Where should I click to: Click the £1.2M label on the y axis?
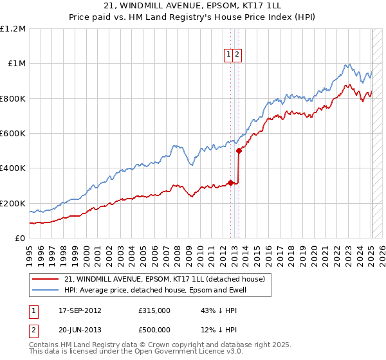[13, 29]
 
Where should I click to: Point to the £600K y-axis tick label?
[13, 134]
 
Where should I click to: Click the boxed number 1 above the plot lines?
[229, 55]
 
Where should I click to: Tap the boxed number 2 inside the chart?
[237, 55]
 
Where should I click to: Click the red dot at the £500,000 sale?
[239, 151]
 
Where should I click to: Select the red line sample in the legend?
[45, 279]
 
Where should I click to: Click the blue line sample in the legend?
[45, 291]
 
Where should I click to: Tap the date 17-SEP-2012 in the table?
[80, 310]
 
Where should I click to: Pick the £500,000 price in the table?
[154, 329]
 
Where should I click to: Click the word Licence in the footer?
[198, 352]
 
